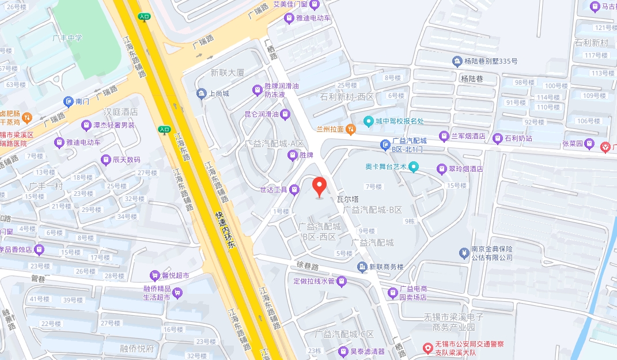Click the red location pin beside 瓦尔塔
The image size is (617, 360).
320,187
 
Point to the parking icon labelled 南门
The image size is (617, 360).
68,101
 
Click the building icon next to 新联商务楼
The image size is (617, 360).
362,267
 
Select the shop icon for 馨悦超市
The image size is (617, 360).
154,275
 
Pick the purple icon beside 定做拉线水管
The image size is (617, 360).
342,281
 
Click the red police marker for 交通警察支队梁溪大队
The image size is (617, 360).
427,348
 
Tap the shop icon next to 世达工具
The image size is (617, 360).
294,189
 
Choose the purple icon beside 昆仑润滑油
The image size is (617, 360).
285,115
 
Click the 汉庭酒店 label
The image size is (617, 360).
120,112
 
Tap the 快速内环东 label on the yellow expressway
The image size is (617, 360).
226,230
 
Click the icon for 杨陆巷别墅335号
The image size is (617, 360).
457,61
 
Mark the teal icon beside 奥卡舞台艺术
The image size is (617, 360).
413,167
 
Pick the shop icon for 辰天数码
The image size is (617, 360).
105,160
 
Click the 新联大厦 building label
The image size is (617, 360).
228,73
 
